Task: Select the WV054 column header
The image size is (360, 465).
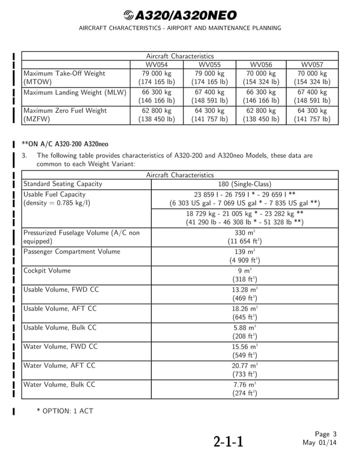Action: pyautogui.click(x=157, y=64)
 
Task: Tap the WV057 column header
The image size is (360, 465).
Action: pyautogui.click(x=312, y=64)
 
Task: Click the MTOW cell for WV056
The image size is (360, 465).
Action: pyautogui.click(x=261, y=78)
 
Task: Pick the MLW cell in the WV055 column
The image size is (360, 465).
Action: pyautogui.click(x=209, y=96)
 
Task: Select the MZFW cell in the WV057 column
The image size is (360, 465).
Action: pyautogui.click(x=312, y=115)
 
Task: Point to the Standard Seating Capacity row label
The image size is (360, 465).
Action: pyautogui.click(x=63, y=184)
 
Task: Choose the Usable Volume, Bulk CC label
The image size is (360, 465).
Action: pyautogui.click(x=59, y=327)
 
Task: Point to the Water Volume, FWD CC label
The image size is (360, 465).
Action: pyautogui.click(x=60, y=346)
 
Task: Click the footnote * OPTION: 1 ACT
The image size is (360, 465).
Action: pyautogui.click(x=65, y=411)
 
